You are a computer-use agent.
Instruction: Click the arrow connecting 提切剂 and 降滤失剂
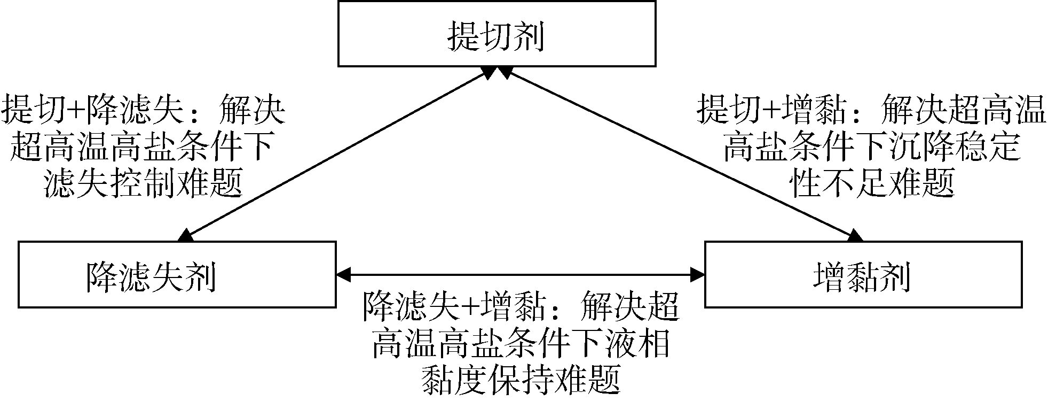point(336,155)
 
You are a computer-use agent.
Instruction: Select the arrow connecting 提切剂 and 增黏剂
point(678,155)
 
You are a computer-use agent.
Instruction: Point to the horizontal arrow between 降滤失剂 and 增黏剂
point(521,275)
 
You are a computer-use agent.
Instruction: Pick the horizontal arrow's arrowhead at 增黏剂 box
point(697,275)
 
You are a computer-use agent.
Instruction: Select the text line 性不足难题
point(872,183)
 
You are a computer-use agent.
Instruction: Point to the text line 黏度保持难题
point(521,379)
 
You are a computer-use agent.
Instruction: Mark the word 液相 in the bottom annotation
point(636,344)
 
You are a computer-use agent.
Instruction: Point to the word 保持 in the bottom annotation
point(521,379)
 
